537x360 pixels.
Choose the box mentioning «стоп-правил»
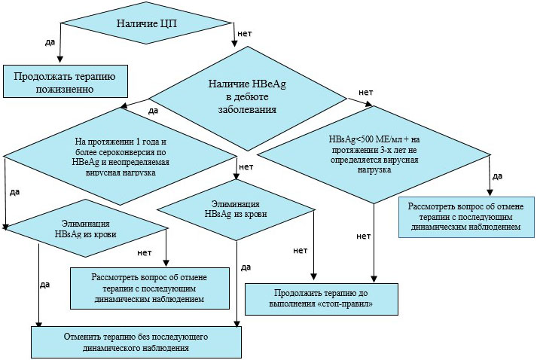pyautogui.click(x=321, y=300)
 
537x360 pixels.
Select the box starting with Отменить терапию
pyautogui.click(x=136, y=340)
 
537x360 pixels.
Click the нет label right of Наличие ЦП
pyautogui.click(x=244, y=34)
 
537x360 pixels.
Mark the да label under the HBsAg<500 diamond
pyautogui.click(x=497, y=176)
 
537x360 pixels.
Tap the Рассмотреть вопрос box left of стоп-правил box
pyautogui.click(x=149, y=287)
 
